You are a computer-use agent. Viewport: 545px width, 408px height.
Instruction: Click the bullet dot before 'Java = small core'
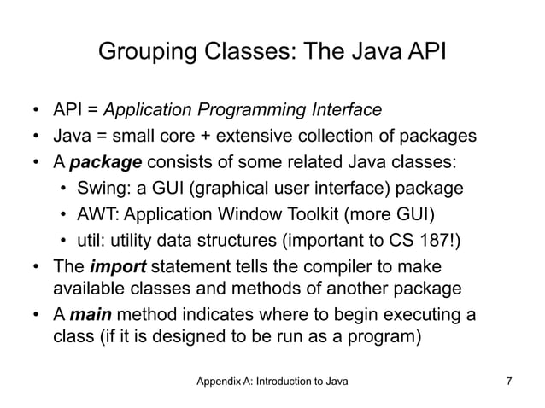click(37, 137)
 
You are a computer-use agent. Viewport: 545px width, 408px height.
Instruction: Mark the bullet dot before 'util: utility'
click(65, 240)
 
